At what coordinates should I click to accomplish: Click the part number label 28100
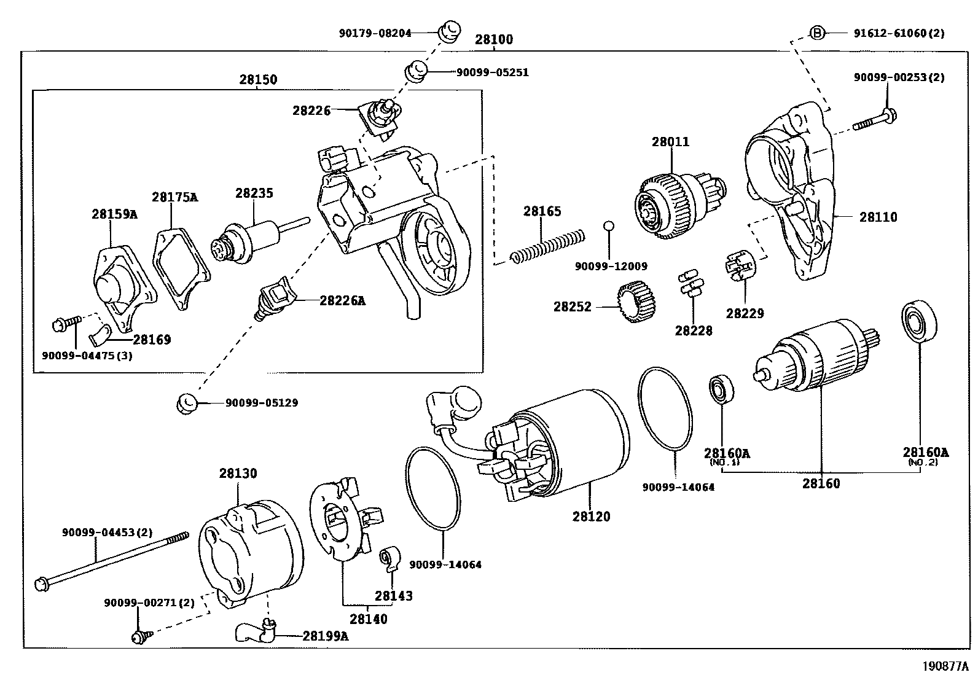(x=493, y=39)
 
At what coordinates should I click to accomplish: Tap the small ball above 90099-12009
(x=609, y=225)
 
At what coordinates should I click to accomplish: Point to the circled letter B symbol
(x=816, y=33)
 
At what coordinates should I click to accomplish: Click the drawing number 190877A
(x=944, y=666)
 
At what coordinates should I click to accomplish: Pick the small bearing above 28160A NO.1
(x=719, y=389)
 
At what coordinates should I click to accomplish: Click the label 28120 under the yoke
(x=591, y=517)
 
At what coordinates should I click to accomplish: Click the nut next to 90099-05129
(x=187, y=404)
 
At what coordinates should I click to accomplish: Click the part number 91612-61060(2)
(x=898, y=33)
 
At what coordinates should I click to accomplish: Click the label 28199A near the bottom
(x=325, y=636)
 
